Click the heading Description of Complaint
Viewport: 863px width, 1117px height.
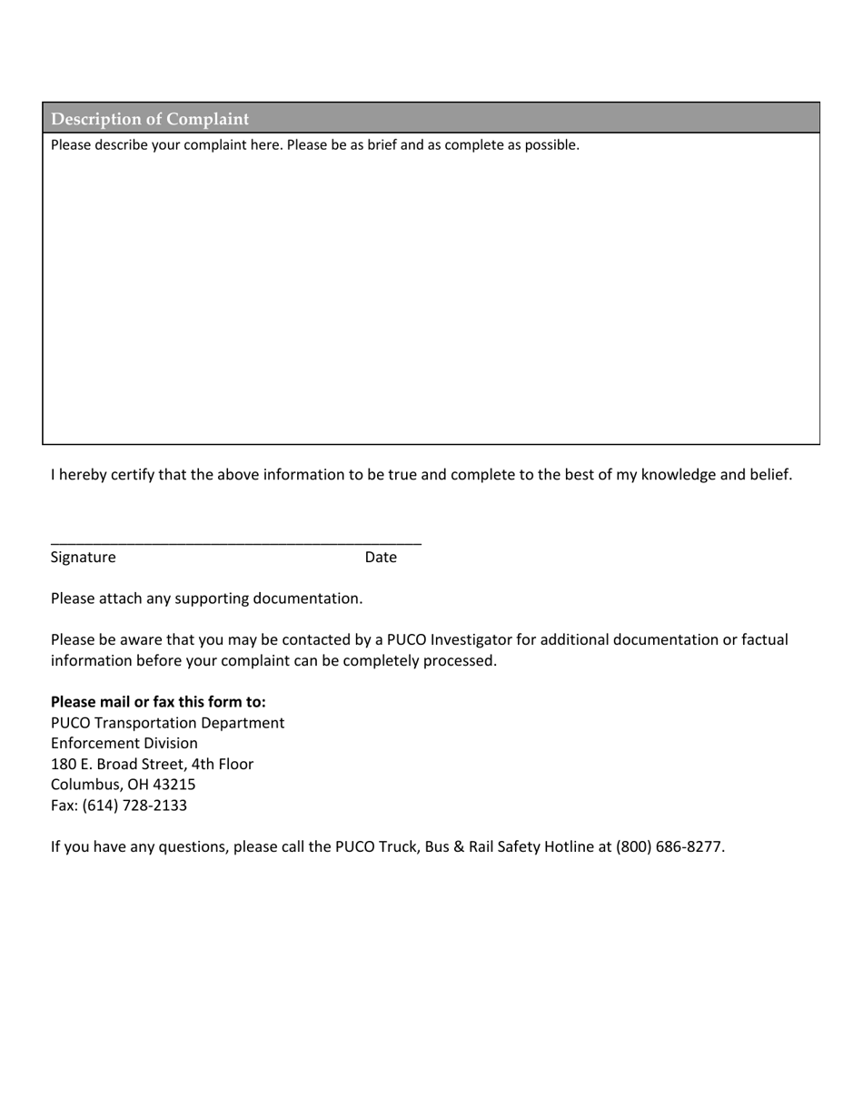click(150, 119)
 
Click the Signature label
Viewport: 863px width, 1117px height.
click(84, 557)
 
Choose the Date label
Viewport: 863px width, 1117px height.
click(381, 557)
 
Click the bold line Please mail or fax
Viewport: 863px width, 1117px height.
click(158, 702)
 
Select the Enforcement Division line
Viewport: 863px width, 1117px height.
click(124, 743)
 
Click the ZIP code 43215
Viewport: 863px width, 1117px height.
click(174, 785)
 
